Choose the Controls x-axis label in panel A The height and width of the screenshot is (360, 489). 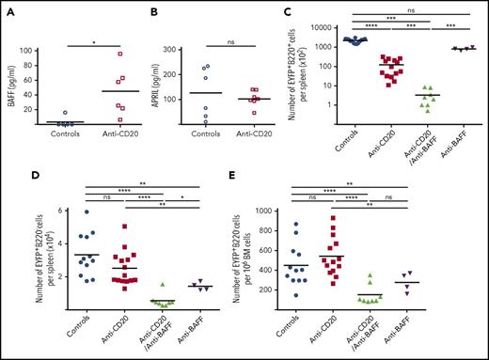[53, 136]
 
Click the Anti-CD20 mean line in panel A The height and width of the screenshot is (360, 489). [95, 91]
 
